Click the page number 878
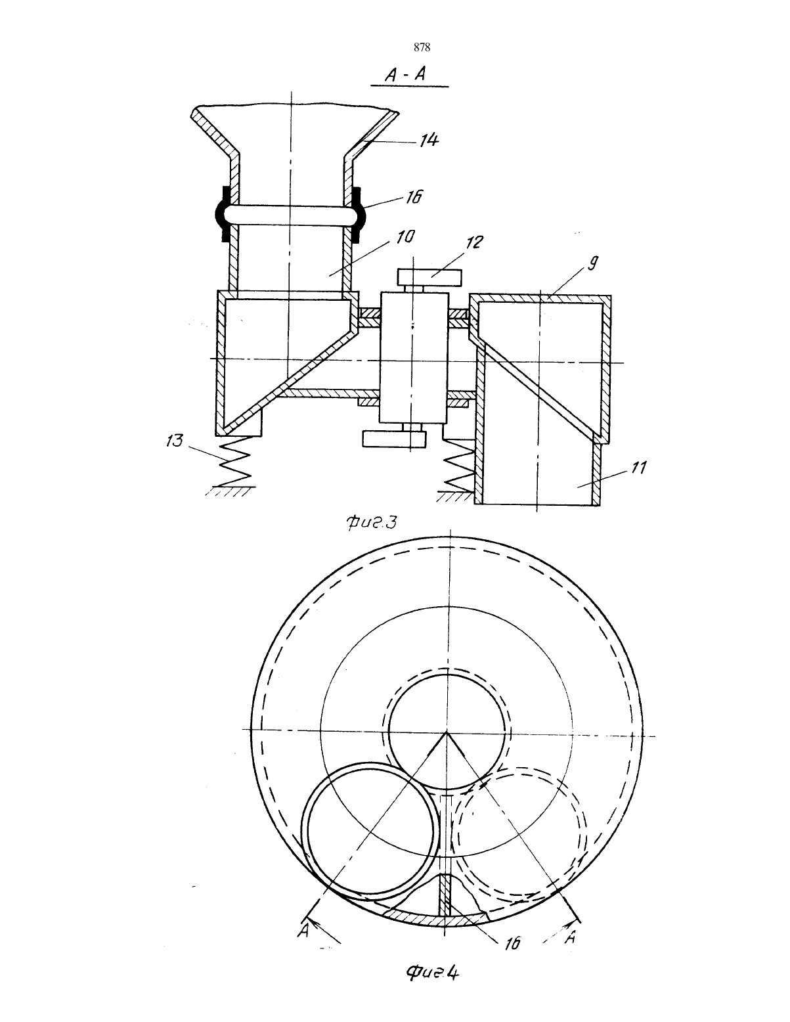tap(422, 47)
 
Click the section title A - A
tap(405, 74)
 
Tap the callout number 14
tap(429, 140)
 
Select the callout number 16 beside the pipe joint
tap(413, 196)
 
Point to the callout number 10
tap(405, 236)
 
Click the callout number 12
tap(475, 242)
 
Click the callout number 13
tap(175, 441)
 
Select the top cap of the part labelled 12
tap(429, 277)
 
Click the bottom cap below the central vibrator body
tap(393, 439)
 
